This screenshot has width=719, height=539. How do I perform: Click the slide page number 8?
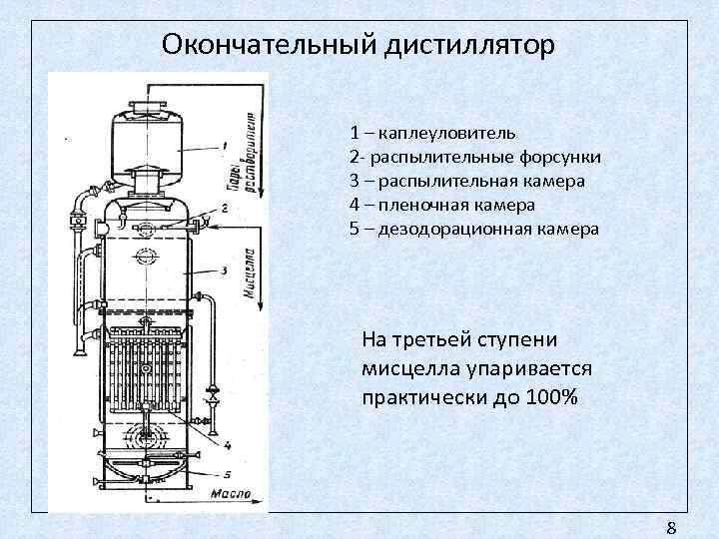[x=671, y=528]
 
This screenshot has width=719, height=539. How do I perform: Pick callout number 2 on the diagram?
[x=226, y=208]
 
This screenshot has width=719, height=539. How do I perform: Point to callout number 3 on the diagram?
[x=225, y=270]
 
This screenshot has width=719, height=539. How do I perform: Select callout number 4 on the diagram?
[x=228, y=445]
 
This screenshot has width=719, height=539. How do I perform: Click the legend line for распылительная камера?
[x=467, y=181]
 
